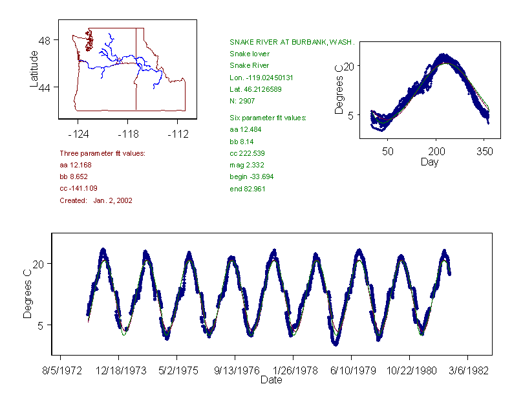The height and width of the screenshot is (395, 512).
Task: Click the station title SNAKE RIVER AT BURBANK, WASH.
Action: pyautogui.click(x=292, y=42)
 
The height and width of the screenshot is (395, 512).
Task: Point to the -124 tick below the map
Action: pyautogui.click(x=78, y=134)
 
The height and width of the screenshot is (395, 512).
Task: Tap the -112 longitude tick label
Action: pyautogui.click(x=178, y=134)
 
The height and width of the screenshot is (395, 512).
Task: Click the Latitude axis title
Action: pyautogui.click(x=34, y=69)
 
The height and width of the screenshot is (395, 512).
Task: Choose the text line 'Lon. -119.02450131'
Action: pyautogui.click(x=261, y=77)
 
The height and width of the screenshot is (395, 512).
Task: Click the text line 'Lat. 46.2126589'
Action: pyautogui.click(x=257, y=89)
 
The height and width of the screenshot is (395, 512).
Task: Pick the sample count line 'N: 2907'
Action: pyautogui.click(x=242, y=100)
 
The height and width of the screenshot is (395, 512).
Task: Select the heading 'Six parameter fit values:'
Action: pyautogui.click(x=268, y=118)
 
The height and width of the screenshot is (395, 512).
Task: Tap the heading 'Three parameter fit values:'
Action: pyautogui.click(x=102, y=153)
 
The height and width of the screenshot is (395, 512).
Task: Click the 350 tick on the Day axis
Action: pyautogui.click(x=485, y=151)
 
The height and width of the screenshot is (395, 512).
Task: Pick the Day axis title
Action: pyautogui.click(x=429, y=162)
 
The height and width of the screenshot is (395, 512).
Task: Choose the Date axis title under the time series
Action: pyautogui.click(x=271, y=380)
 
